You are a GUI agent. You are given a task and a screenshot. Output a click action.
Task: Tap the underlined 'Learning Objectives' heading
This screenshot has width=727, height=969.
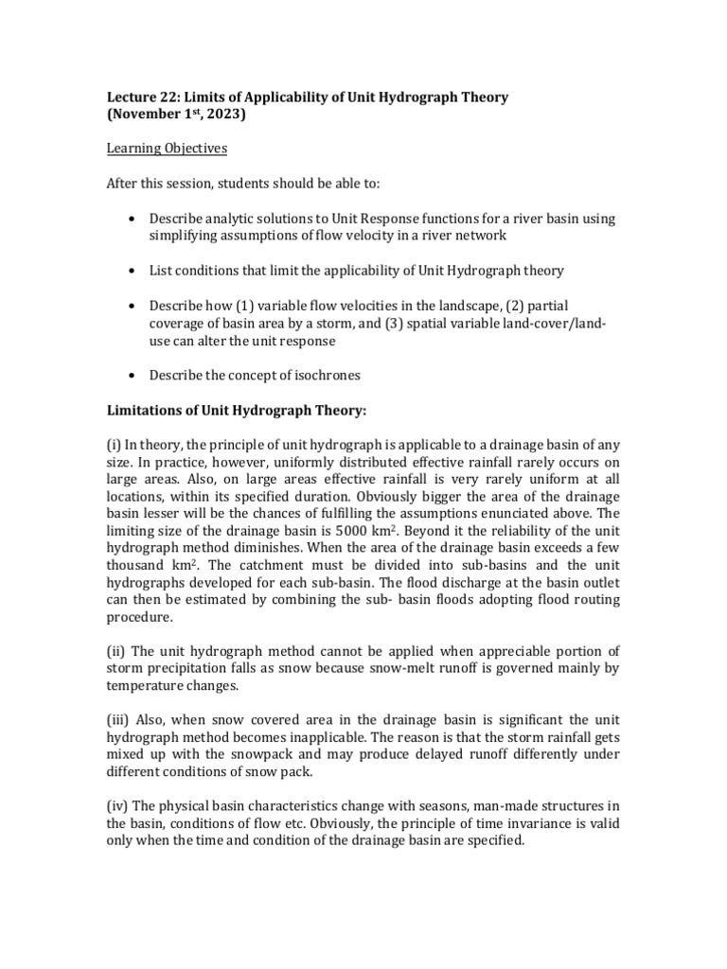click(167, 149)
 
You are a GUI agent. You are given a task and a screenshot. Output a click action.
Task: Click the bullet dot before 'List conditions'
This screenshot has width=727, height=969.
click(130, 271)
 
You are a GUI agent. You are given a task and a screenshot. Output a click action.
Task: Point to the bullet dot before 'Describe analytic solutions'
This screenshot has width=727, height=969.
click(130, 219)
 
